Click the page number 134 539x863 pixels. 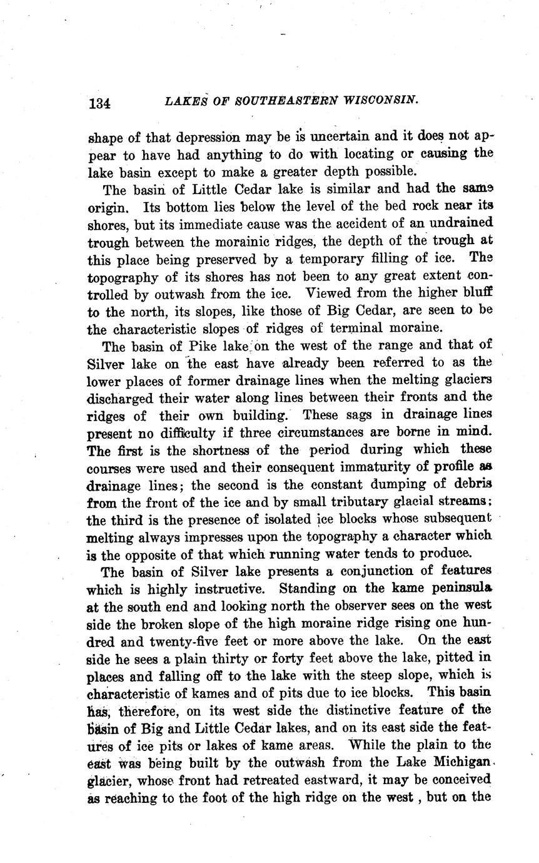[100, 103]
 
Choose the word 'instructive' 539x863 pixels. [228, 589]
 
